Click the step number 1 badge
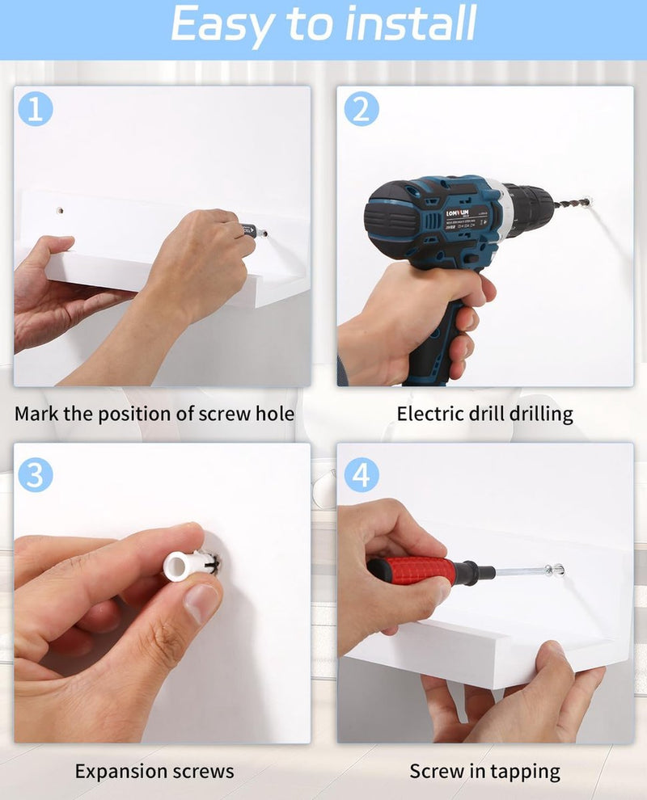[x=36, y=108]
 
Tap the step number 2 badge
[x=361, y=108]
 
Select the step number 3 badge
[x=36, y=474]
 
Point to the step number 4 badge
[x=361, y=474]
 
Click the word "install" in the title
[x=411, y=23]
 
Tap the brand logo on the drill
[x=457, y=213]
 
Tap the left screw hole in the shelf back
[x=60, y=210]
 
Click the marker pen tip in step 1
[x=263, y=234]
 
